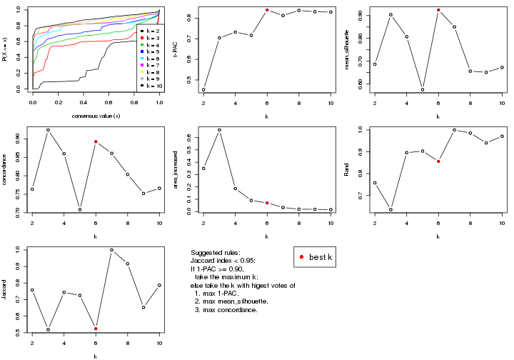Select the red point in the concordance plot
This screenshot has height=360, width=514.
tap(96, 141)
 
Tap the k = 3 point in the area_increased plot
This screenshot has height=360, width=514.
tap(219, 130)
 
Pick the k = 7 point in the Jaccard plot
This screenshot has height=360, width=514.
tap(112, 250)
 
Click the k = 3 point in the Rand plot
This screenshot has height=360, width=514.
tap(390, 209)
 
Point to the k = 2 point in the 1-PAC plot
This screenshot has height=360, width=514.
tap(203, 90)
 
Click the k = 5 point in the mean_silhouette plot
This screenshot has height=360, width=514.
tap(423, 90)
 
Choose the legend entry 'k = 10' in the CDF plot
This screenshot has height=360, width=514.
tap(152, 85)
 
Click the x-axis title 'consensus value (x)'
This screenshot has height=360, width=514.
tap(96, 116)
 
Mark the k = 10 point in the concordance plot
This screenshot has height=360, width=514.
tap(160, 188)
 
